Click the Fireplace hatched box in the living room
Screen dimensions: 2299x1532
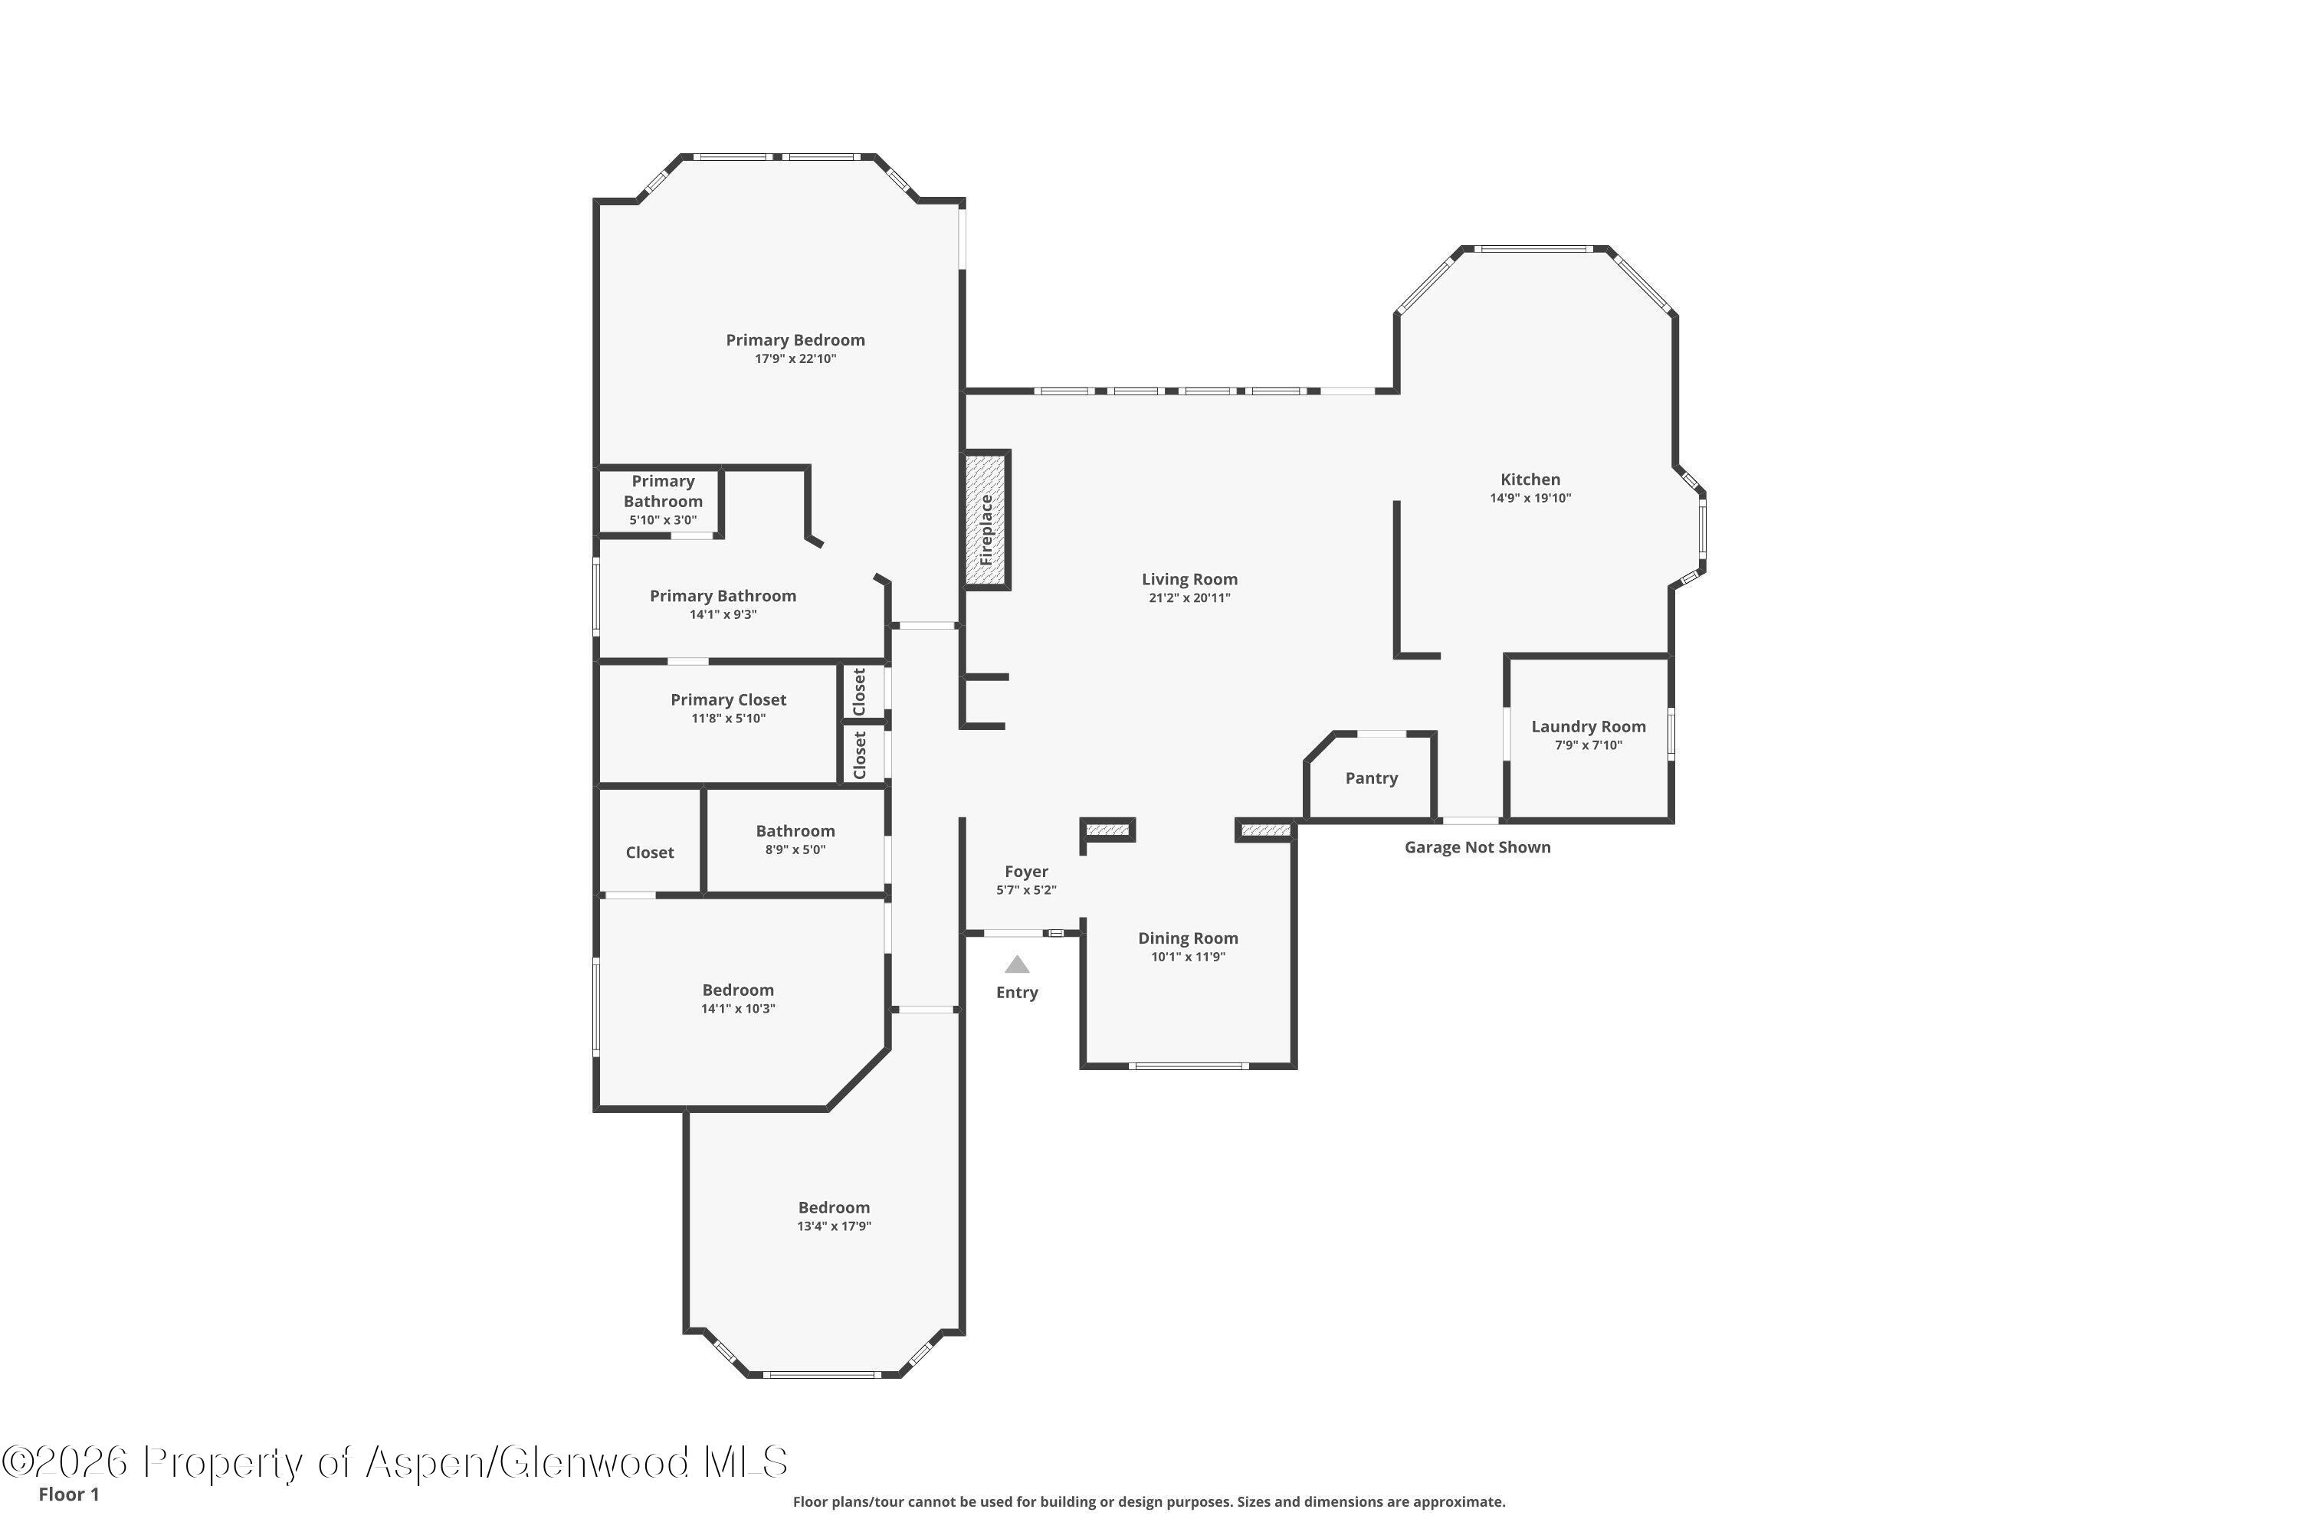(x=986, y=520)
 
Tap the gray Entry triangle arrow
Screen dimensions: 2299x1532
(x=1018, y=964)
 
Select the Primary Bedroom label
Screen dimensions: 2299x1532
(x=795, y=340)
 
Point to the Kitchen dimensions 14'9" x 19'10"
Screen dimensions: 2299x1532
(x=1530, y=499)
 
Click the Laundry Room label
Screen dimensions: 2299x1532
(x=1589, y=726)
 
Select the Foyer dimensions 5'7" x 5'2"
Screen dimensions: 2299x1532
(x=1026, y=890)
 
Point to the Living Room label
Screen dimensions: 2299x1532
(x=1189, y=579)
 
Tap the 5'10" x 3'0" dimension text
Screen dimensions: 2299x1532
(x=663, y=520)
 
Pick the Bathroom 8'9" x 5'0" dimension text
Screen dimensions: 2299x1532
(x=795, y=850)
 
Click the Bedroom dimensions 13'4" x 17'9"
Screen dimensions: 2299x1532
(x=834, y=1226)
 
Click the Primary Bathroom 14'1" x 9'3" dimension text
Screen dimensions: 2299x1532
(x=723, y=614)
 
